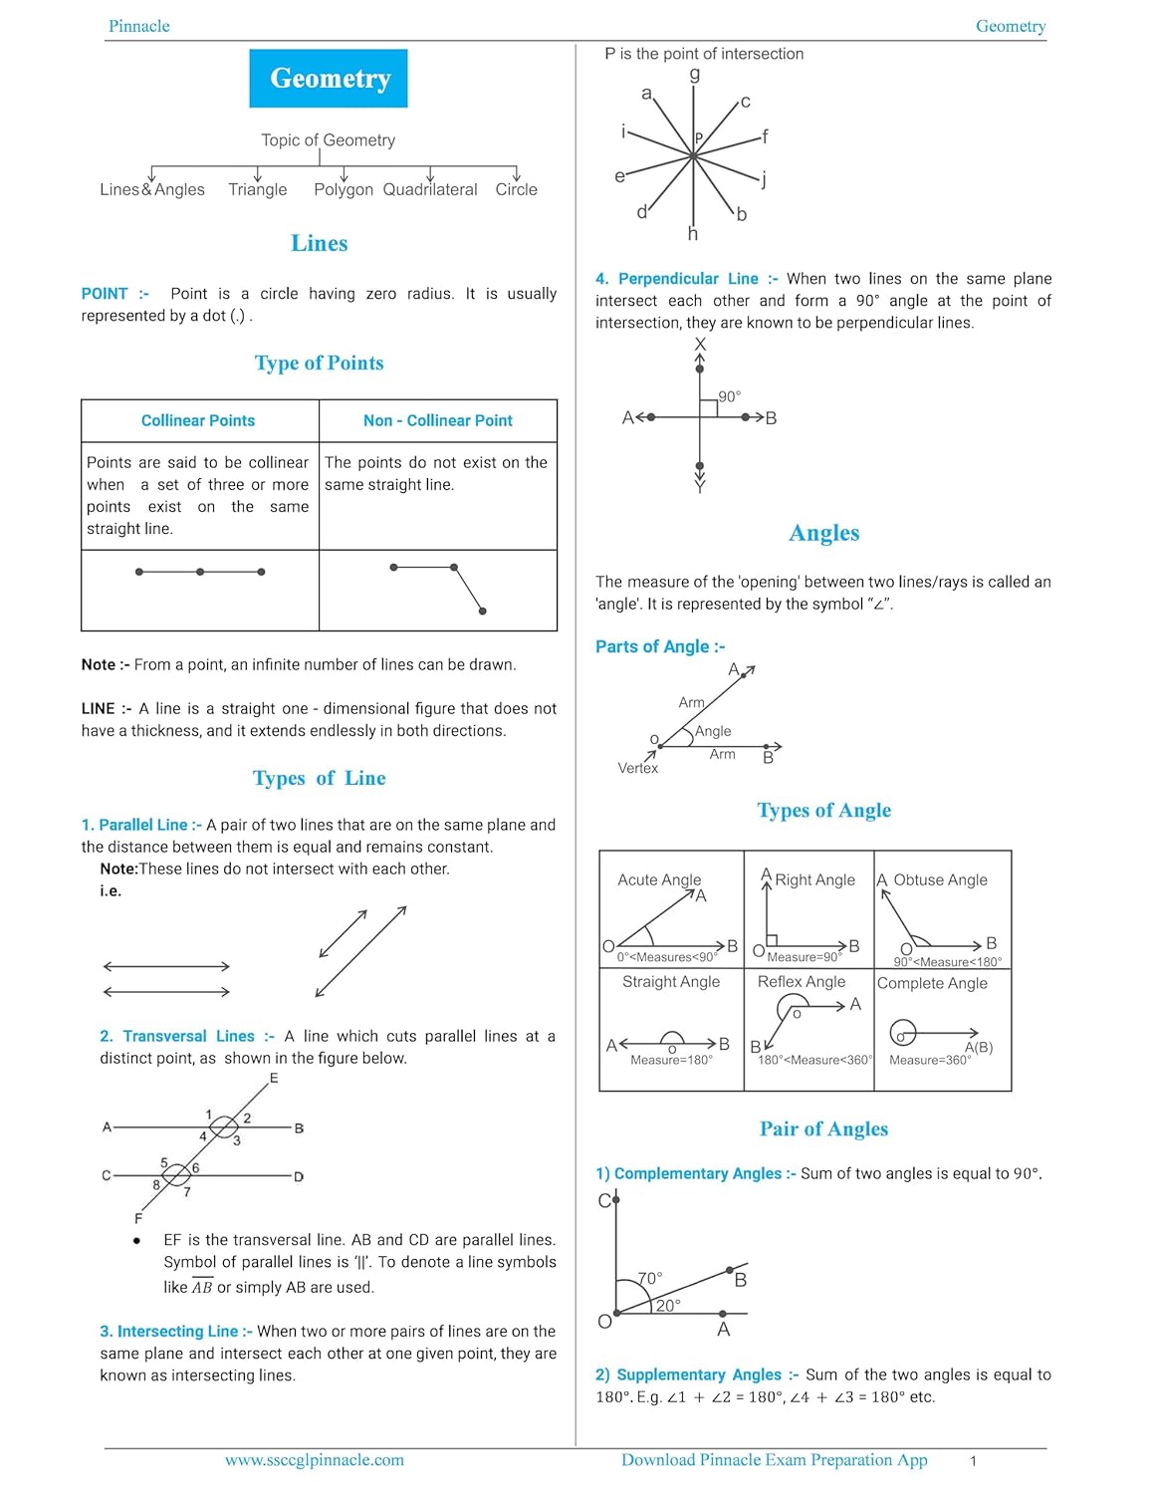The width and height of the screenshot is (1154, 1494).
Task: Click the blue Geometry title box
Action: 329,79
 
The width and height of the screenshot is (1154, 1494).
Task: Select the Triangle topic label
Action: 257,189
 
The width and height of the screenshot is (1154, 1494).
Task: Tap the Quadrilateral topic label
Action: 430,189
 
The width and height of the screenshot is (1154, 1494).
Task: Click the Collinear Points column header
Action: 198,420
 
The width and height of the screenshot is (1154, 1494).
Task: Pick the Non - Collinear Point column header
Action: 438,420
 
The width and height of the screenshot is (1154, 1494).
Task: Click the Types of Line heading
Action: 319,778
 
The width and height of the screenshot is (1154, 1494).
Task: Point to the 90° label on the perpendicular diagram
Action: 730,396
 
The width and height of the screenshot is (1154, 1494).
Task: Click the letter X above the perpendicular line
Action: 700,345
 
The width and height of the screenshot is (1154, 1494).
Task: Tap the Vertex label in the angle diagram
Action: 637,768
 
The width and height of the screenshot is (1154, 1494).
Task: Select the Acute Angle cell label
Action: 659,879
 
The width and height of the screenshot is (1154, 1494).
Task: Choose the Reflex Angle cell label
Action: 802,981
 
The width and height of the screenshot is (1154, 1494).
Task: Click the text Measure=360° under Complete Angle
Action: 930,1060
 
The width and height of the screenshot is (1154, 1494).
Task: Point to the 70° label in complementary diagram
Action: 650,1278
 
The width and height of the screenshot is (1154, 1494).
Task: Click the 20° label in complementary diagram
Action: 668,1305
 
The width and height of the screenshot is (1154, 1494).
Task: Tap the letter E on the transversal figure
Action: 274,1078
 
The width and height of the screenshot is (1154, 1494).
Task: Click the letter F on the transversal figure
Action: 138,1218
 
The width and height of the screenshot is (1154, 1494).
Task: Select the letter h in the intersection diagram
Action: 693,234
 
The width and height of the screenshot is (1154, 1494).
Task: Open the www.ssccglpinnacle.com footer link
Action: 315,1460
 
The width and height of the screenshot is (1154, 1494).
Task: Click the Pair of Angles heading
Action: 823,1128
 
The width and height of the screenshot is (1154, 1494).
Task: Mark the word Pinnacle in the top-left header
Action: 139,26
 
